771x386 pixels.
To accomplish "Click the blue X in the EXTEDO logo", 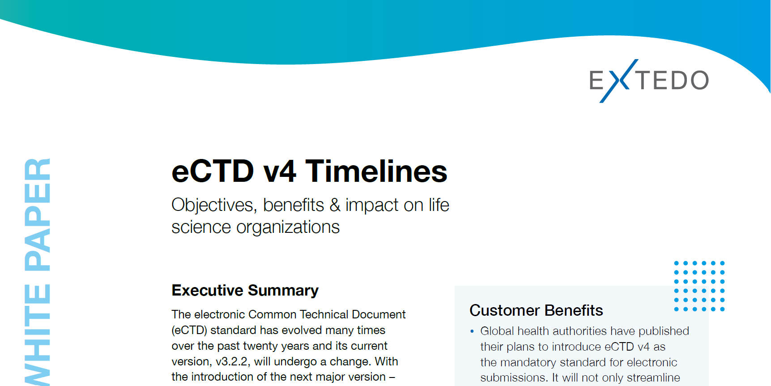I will click(618, 81).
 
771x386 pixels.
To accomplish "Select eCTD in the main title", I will click(213, 172).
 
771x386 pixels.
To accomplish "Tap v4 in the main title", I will click(280, 172).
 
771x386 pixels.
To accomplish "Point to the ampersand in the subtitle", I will click(335, 205).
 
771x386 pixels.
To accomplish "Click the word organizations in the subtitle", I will click(288, 227).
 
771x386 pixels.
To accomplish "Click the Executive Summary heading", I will click(245, 290).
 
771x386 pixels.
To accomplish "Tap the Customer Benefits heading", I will click(536, 310).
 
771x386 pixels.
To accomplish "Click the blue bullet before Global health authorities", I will click(472, 331).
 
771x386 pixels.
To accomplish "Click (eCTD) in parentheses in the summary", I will click(189, 330).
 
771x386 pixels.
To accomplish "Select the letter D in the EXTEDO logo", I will click(675, 81).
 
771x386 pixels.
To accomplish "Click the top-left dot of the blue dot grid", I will click(676, 263).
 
